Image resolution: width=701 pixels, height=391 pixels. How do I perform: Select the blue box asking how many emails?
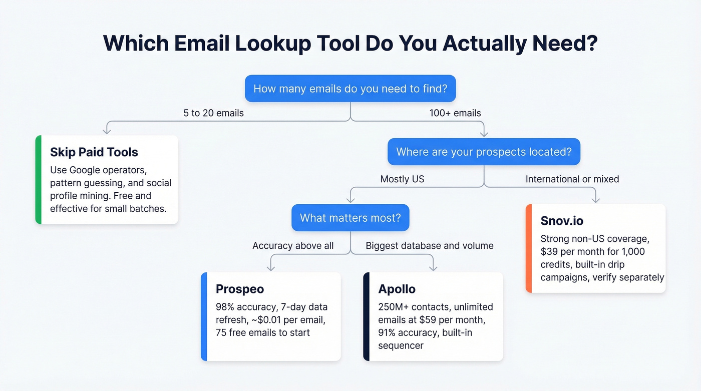350,89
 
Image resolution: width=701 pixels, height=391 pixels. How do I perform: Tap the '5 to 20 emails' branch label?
213,113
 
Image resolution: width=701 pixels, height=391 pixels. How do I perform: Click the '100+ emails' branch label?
455,113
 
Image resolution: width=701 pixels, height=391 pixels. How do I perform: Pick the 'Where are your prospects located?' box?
484,152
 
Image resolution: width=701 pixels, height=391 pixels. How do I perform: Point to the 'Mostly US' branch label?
402,179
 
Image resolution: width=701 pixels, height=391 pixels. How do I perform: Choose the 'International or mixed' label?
572,179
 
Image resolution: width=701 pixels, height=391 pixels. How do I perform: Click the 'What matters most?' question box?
350,218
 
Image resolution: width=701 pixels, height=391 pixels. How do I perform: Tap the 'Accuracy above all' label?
293,246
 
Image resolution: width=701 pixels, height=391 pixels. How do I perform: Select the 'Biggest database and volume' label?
430,246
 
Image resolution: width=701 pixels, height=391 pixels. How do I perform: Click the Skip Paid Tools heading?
94,152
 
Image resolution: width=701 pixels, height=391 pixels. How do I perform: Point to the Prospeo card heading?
240,289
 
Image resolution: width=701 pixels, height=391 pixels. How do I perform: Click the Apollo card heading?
397,289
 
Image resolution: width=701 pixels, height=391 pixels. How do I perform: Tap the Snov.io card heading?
562,221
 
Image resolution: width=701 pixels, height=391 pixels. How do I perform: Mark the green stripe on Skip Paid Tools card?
38,180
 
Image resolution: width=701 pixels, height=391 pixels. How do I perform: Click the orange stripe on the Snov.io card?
528,248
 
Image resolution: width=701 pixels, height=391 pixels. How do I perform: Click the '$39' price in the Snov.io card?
551,251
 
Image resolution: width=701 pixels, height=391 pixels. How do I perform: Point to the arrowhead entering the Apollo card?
433,268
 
